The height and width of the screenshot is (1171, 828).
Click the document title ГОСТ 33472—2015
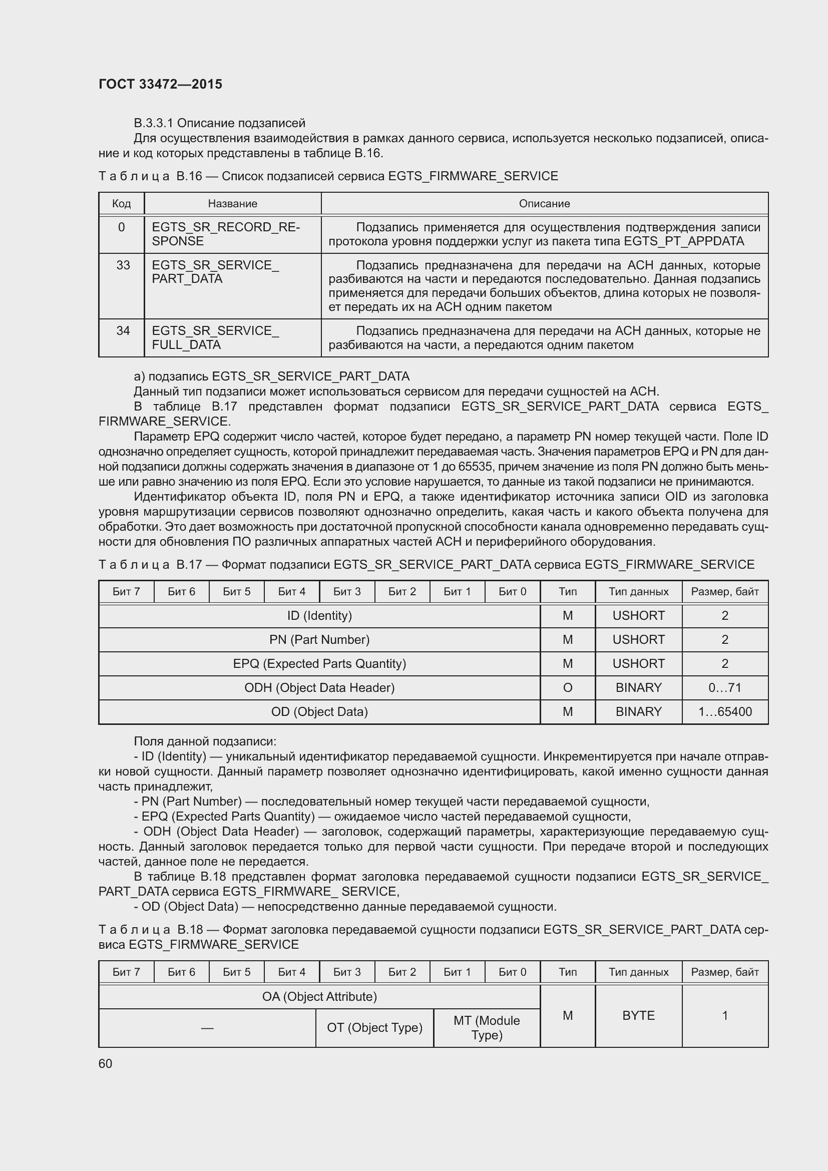click(160, 84)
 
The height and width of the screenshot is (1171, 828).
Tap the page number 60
click(105, 1063)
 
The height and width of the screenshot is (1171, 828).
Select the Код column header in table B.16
click(121, 203)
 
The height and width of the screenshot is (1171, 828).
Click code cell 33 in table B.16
click(123, 265)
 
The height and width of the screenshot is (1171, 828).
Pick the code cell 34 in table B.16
click(123, 331)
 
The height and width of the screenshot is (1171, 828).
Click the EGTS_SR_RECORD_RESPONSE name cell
click(226, 234)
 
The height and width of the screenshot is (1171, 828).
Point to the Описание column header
click(544, 203)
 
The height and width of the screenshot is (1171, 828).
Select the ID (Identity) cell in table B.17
click(319, 616)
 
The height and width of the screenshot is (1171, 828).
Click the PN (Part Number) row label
click(319, 639)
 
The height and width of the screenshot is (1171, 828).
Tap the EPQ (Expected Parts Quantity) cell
click(319, 663)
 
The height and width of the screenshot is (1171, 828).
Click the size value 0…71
click(724, 687)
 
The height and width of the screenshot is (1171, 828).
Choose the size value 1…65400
click(724, 711)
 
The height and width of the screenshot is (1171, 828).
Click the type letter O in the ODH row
click(568, 687)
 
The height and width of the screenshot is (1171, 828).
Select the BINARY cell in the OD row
click(638, 711)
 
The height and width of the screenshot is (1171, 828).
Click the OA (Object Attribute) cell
click(319, 997)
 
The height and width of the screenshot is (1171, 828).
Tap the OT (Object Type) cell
click(375, 1028)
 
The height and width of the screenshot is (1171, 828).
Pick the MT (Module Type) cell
click(487, 1028)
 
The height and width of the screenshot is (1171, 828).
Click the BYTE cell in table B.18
click(638, 1015)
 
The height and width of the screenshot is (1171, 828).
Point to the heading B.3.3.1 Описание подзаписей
click(219, 123)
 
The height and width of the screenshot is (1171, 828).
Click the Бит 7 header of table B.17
click(126, 592)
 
